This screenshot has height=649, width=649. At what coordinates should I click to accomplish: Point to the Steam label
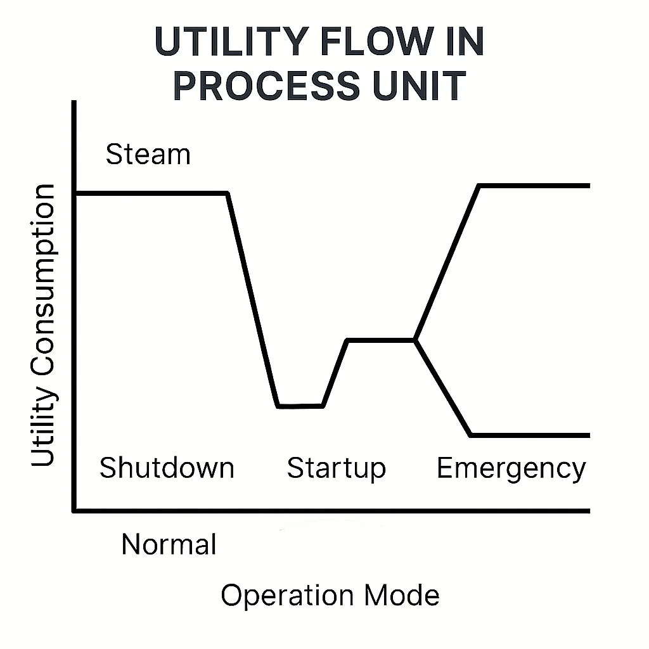point(148,155)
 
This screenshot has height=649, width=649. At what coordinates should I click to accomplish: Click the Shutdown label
point(167,468)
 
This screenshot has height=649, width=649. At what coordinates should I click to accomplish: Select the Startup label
point(336,468)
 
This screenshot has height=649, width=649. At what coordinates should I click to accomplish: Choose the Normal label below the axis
point(169,544)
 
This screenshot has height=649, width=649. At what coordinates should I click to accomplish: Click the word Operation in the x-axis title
point(286,596)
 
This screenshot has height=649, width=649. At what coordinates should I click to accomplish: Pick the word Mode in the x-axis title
point(402,596)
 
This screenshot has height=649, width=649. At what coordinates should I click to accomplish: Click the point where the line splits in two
point(415,340)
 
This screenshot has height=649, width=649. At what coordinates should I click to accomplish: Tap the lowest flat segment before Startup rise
point(301,406)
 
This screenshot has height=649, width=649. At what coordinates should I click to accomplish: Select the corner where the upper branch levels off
point(480,186)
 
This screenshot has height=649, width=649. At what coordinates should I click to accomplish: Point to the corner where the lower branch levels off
point(471,435)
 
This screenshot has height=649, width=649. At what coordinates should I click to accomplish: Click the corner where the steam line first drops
point(228,193)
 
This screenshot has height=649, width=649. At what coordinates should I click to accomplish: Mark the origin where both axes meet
point(75,510)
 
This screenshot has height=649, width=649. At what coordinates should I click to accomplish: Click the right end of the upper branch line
point(588,186)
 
